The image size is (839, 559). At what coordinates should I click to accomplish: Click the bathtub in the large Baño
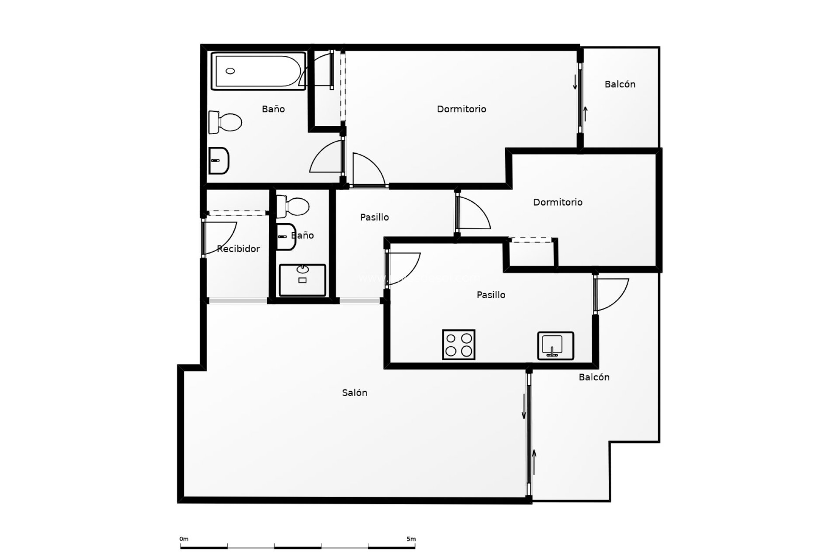click(258, 71)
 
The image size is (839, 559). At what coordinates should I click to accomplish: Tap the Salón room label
click(354, 393)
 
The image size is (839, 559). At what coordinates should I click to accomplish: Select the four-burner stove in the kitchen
click(458, 345)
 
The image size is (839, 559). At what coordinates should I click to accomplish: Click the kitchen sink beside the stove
click(555, 345)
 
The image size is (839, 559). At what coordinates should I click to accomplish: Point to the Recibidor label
click(239, 249)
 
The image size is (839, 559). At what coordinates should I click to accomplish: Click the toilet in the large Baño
click(225, 122)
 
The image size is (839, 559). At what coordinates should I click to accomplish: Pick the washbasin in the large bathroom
click(218, 160)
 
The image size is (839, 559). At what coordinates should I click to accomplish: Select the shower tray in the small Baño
click(302, 279)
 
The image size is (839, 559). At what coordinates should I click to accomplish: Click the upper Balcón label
click(620, 84)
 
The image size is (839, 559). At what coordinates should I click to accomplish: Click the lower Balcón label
click(594, 377)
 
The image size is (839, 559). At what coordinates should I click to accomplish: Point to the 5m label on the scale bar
click(411, 539)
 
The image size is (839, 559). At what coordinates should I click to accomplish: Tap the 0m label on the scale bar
click(184, 539)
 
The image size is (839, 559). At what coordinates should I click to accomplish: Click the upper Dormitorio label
click(461, 109)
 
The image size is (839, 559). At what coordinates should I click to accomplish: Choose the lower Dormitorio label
click(558, 202)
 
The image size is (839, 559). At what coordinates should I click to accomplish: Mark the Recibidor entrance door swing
click(221, 238)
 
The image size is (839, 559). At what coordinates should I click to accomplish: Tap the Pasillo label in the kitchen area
click(491, 295)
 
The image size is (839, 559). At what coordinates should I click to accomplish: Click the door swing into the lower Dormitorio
click(474, 214)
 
